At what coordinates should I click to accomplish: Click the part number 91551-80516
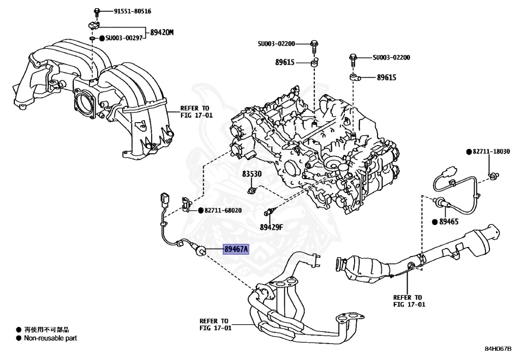pos(122,11)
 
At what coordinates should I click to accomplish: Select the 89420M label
pos(161,33)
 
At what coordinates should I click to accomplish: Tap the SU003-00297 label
pos(125,38)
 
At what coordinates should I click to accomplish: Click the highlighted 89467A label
pos(236,250)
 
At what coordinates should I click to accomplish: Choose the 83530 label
pos(251,174)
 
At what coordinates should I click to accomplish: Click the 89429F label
pos(271,227)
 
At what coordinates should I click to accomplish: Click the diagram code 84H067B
pos(497,349)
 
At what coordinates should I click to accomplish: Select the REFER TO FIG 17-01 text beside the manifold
pos(194,112)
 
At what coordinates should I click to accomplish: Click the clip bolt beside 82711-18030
pos(492,176)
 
